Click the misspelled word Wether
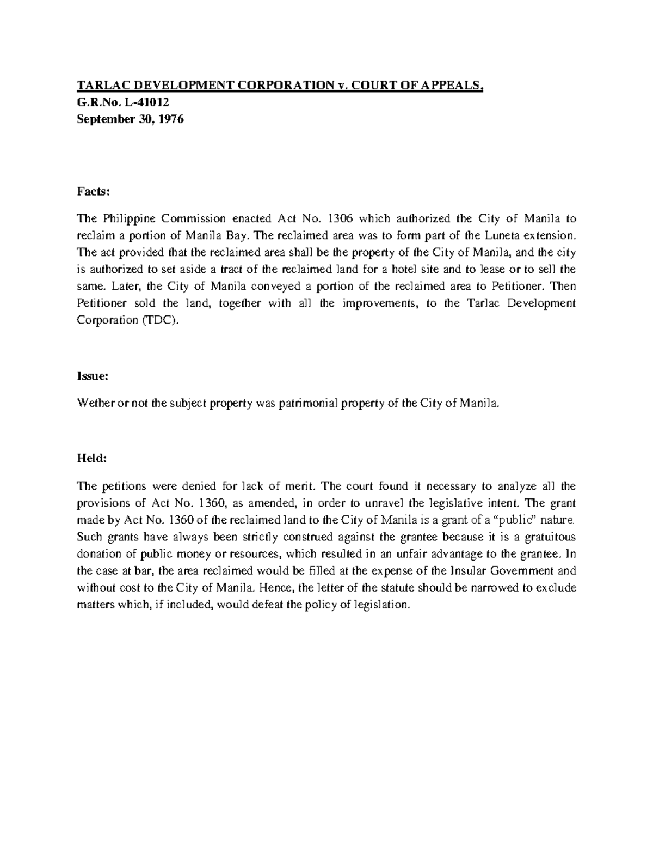[95, 404]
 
